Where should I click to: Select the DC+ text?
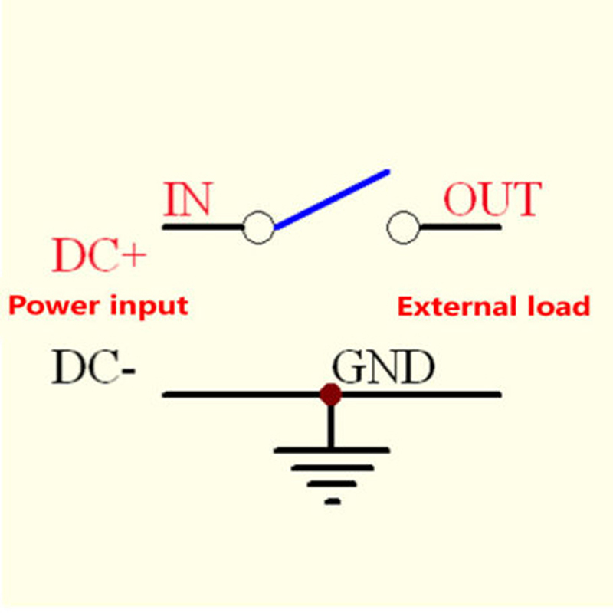tap(98, 257)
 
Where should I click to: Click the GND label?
tap(382, 369)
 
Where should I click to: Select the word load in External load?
tap(560, 306)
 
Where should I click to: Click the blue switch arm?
tap(332, 199)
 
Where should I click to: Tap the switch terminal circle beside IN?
tap(258, 228)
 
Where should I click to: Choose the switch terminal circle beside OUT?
tap(403, 228)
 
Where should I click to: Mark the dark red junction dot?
tap(330, 395)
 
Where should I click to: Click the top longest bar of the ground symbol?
tap(331, 450)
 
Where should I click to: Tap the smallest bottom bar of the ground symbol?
tap(332, 502)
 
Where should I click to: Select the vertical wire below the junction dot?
tap(331, 425)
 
